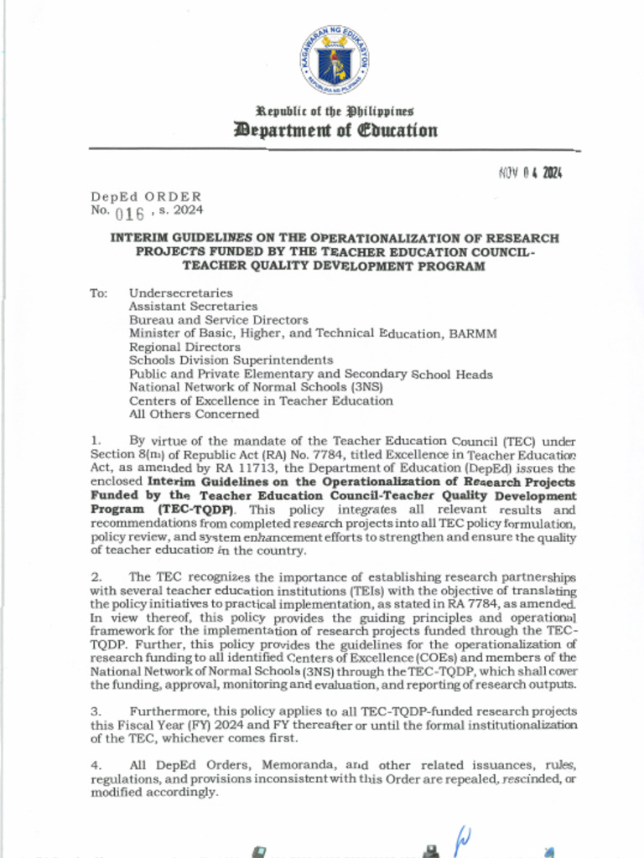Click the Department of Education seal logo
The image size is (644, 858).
tap(334, 59)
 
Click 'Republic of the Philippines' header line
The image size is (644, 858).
tap(335, 111)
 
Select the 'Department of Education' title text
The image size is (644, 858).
tap(335, 130)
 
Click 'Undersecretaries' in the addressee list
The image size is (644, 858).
tap(180, 293)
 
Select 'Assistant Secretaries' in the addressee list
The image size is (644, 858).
tap(193, 307)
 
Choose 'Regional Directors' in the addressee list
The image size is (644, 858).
tap(184, 347)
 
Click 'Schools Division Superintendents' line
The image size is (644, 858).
tap(231, 360)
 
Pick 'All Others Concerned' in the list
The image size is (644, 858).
tap(194, 414)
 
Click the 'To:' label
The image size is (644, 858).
tap(99, 293)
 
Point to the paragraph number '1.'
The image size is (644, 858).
tap(96, 440)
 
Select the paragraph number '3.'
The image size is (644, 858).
tap(96, 711)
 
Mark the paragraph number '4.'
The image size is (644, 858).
tap(96, 765)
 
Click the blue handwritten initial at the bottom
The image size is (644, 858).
tap(462, 838)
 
